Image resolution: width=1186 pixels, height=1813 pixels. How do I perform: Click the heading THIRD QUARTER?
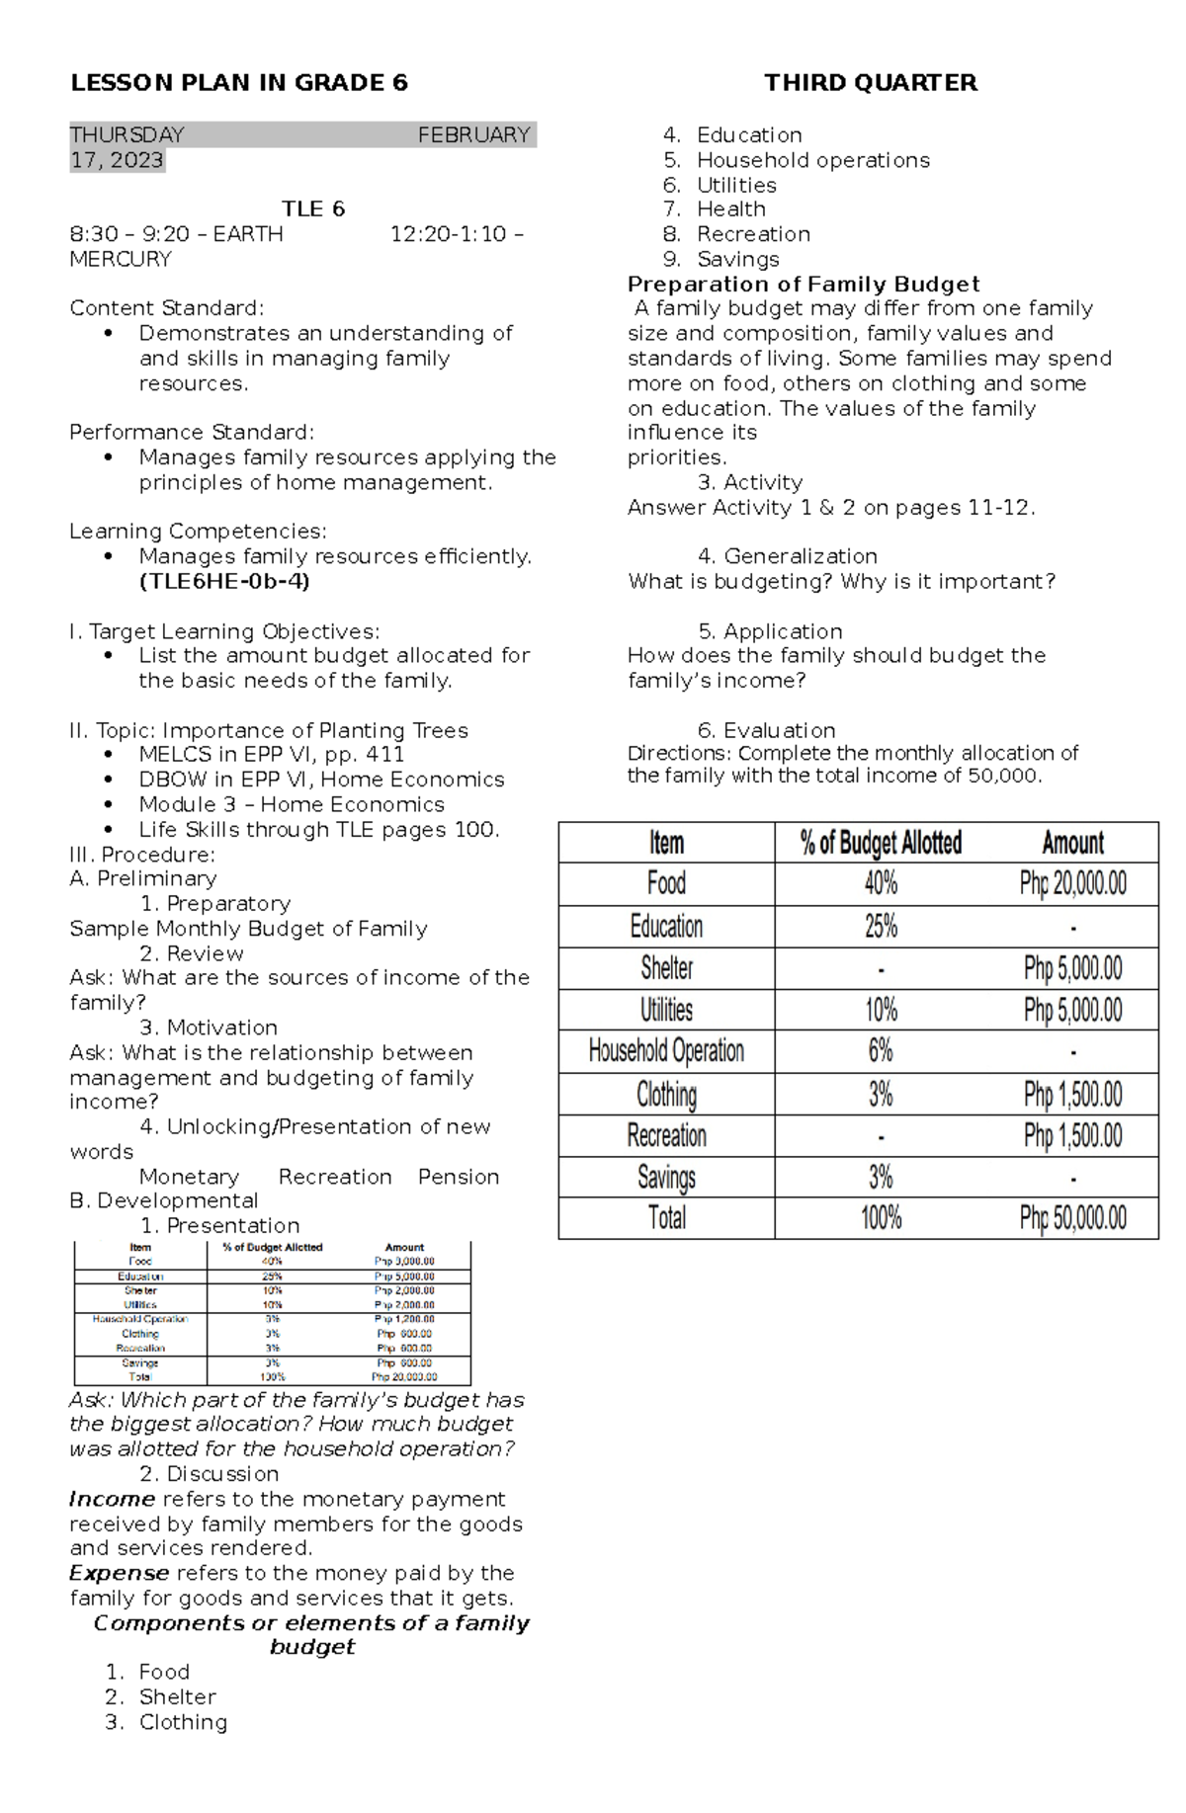click(871, 83)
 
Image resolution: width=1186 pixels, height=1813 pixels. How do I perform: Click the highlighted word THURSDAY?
click(127, 135)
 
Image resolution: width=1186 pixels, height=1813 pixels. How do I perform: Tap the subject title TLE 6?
click(313, 209)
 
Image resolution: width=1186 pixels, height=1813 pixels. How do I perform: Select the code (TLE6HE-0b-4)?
click(224, 582)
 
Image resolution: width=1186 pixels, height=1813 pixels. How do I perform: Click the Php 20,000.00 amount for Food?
click(1072, 883)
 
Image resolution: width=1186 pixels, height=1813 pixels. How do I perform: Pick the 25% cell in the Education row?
click(881, 927)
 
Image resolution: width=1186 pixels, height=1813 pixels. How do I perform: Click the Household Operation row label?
click(666, 1051)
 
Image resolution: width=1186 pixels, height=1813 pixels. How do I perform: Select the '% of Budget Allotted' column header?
click(881, 843)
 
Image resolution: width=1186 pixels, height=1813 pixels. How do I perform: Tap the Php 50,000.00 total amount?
click(1072, 1218)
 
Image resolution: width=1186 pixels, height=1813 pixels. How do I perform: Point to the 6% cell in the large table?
click(881, 1051)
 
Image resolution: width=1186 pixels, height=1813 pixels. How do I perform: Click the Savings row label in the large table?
click(666, 1177)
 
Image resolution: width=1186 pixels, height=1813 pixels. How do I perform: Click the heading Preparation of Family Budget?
click(804, 285)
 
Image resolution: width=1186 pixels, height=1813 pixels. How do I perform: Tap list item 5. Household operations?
click(812, 160)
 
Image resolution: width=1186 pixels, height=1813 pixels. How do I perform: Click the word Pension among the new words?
click(459, 1177)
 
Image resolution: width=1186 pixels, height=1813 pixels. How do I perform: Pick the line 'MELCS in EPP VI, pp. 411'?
click(271, 755)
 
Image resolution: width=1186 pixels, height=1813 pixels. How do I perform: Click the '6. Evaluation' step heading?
click(766, 730)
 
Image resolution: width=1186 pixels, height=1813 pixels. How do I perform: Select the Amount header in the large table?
click(1072, 843)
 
